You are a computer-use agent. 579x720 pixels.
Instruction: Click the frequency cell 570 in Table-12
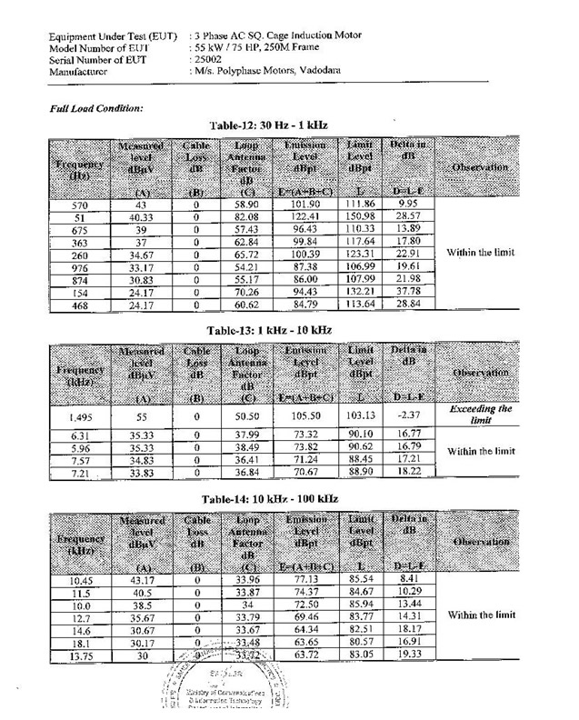coord(80,206)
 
